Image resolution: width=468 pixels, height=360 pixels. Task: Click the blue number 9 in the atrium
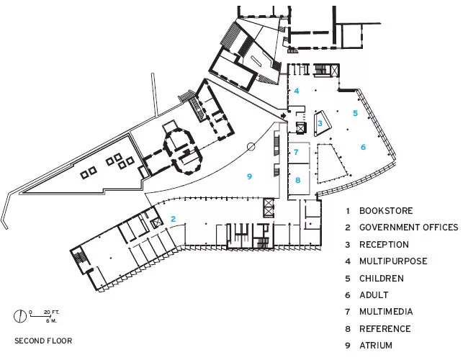tap(250, 176)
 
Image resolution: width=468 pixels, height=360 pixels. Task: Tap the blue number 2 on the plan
tap(173, 219)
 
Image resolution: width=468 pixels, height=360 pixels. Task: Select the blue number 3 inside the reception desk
tap(320, 123)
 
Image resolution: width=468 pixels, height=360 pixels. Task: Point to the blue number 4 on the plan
tap(297, 91)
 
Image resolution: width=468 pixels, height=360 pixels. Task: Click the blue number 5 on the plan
tap(355, 113)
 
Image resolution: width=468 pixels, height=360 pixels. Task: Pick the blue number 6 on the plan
tap(363, 147)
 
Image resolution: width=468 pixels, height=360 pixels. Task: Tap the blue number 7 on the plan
tap(296, 152)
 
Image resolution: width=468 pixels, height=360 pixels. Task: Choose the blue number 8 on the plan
tap(298, 180)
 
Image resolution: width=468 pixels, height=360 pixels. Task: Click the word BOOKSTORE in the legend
tap(386, 211)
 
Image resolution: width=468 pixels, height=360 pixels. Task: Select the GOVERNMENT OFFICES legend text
tap(409, 228)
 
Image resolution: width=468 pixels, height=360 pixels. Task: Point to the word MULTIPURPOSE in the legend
tap(393, 261)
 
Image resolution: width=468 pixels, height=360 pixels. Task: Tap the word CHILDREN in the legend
tap(382, 278)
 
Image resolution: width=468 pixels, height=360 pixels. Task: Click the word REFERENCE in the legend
tap(385, 328)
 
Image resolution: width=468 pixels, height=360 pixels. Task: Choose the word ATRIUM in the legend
tap(376, 346)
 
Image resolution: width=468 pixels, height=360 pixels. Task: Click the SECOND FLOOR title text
tap(43, 341)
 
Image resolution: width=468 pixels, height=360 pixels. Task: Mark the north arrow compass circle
tap(20, 316)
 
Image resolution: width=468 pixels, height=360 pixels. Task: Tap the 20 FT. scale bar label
tap(51, 312)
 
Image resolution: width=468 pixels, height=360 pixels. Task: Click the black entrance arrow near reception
tap(283, 115)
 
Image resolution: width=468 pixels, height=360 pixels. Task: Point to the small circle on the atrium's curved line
tap(251, 147)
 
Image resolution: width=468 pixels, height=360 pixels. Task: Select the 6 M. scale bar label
tap(51, 321)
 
